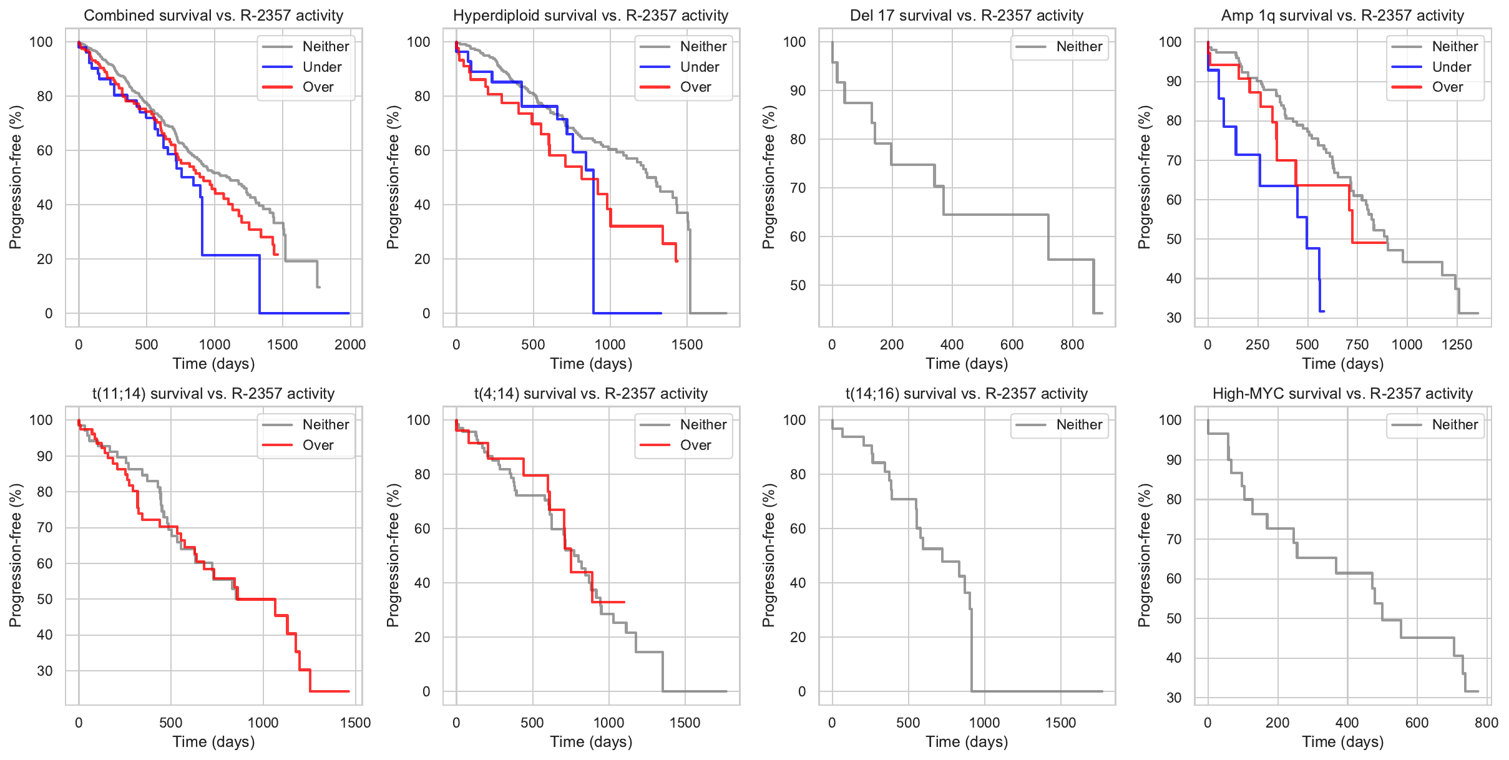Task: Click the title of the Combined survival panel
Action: click(213, 16)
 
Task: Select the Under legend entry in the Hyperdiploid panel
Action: click(699, 67)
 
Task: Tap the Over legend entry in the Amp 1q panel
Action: click(1447, 87)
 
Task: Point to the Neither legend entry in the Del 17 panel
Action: click(1079, 47)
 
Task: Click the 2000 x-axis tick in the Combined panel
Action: click(350, 344)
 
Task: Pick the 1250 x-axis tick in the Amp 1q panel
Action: click(1457, 344)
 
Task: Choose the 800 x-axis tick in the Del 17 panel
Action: click(1072, 344)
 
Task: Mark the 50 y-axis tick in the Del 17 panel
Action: click(798, 285)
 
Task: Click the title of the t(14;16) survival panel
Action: click(966, 394)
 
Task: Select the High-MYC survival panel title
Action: click(1342, 394)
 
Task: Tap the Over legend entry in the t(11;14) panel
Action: click(318, 445)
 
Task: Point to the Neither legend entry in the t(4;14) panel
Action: click(703, 425)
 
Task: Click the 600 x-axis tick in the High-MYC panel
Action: click(1417, 723)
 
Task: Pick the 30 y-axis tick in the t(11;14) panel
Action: click(45, 671)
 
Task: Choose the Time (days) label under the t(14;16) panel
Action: click(966, 742)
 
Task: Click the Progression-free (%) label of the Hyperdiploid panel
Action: click(393, 177)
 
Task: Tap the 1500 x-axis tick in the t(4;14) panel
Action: click(685, 723)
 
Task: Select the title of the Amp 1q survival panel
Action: click(1342, 16)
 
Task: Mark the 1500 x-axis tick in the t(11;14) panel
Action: click(355, 723)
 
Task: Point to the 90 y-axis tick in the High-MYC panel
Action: click(1174, 460)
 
